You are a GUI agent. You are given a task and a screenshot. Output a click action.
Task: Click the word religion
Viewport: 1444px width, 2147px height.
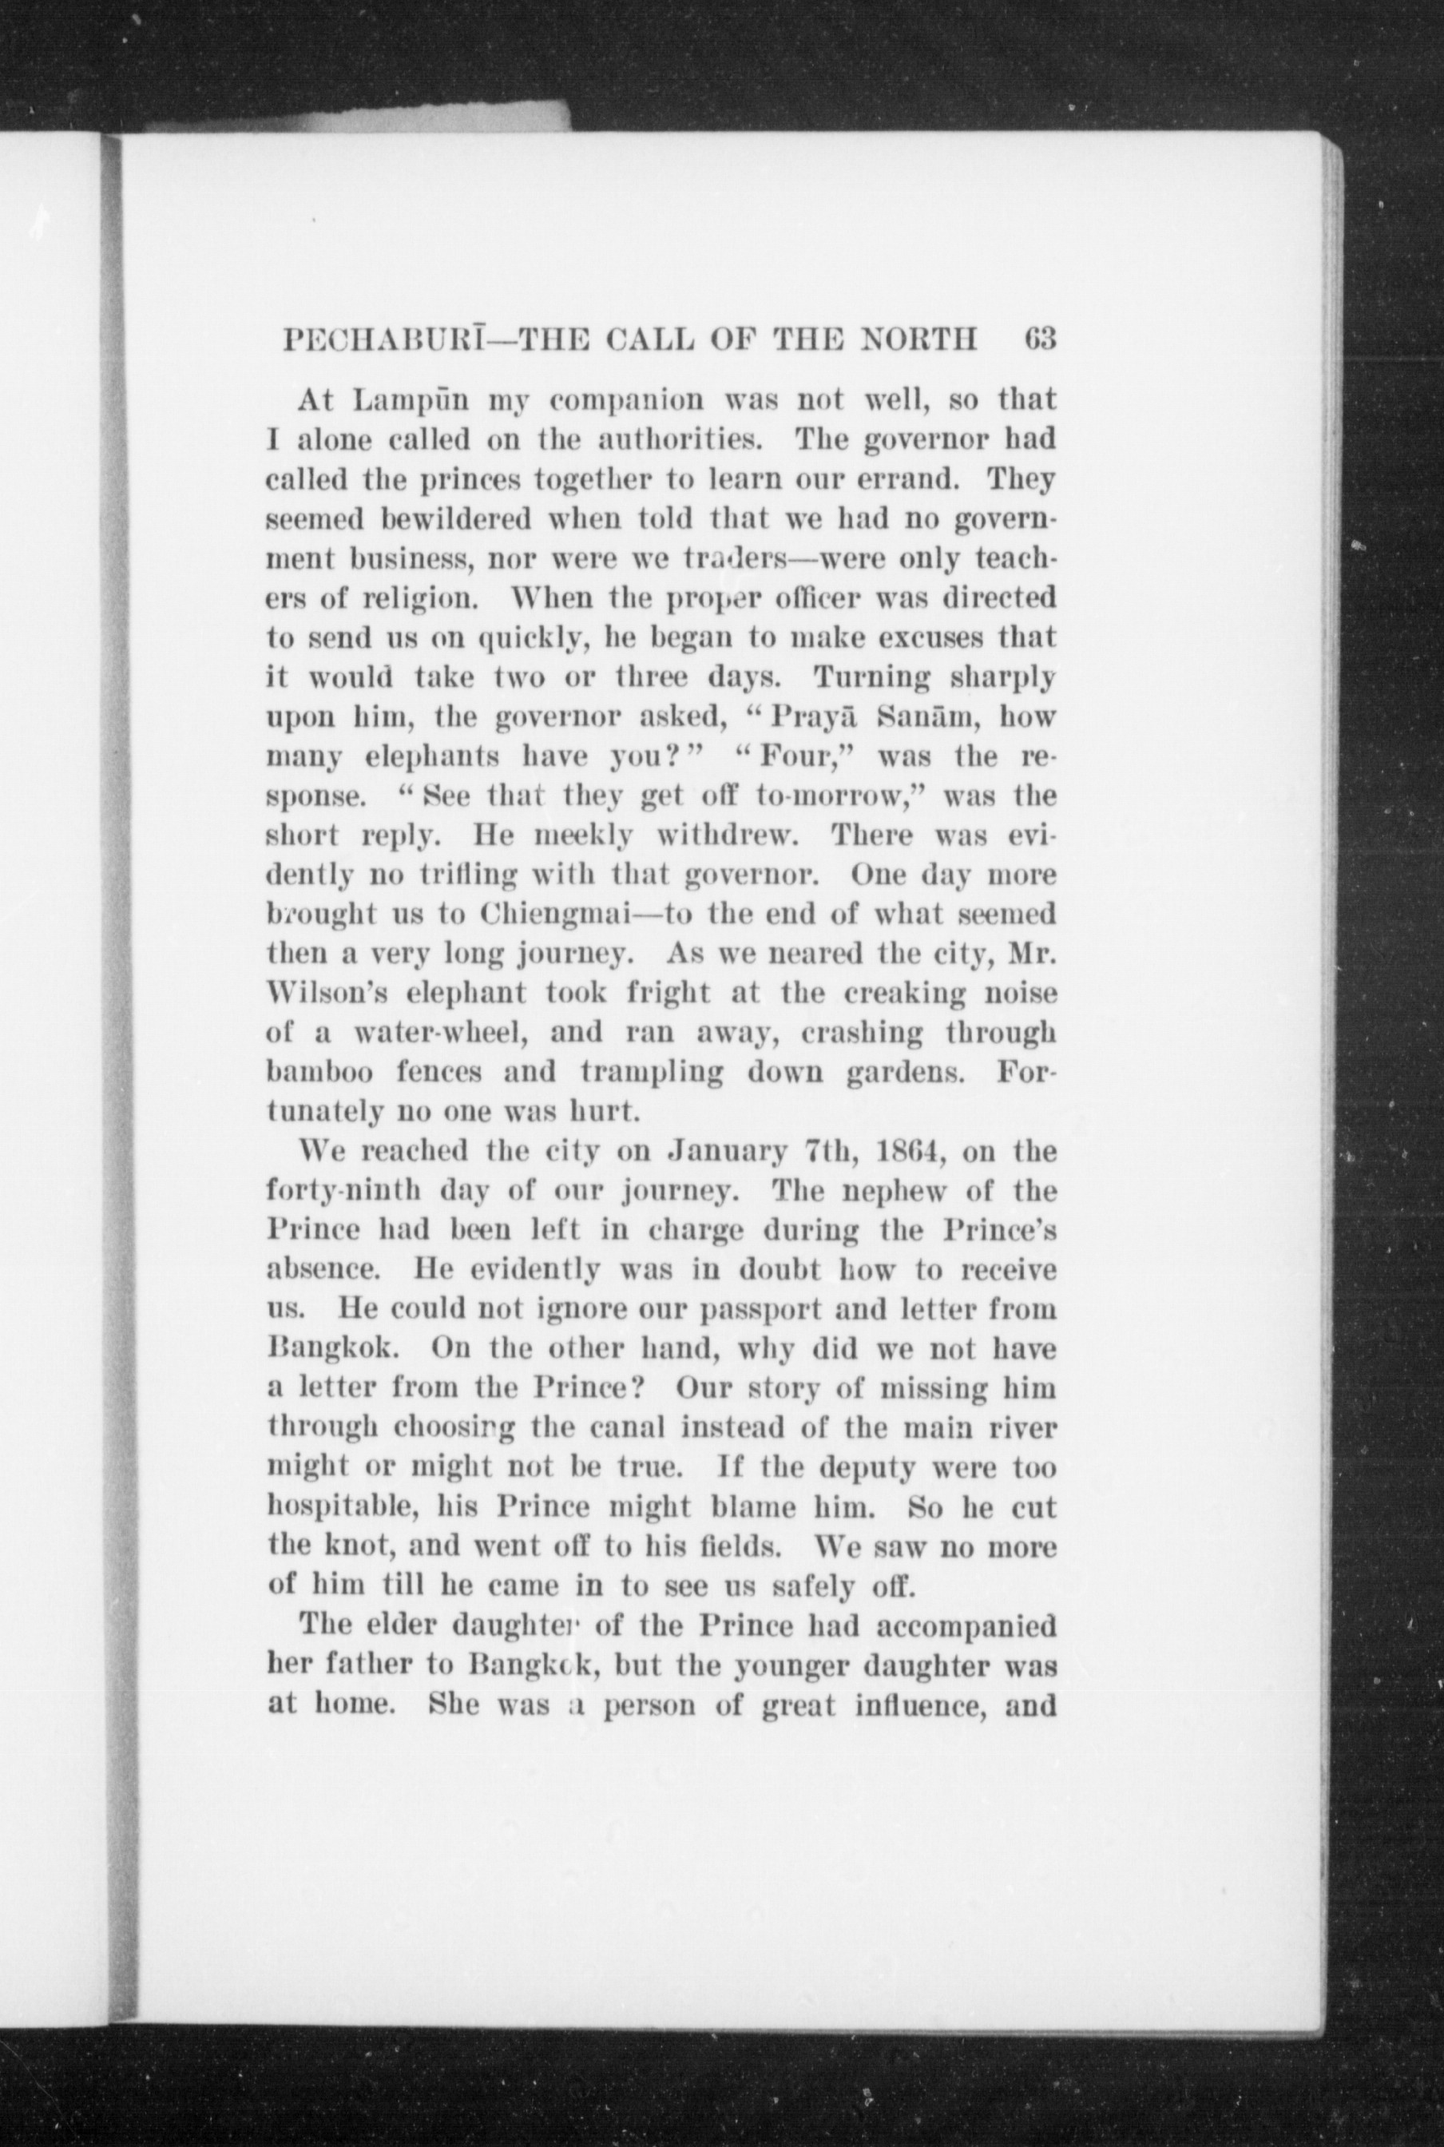[x=425, y=599]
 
